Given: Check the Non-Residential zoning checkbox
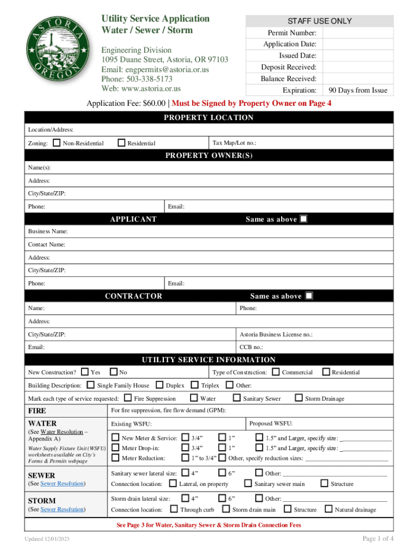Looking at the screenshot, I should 56,143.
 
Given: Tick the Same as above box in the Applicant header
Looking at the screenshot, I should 303,219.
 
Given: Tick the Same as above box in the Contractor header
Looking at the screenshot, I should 309,296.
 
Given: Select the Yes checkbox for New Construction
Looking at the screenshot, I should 85,372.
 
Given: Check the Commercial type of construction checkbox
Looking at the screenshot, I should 276,372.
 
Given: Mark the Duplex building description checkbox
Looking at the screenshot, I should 159,385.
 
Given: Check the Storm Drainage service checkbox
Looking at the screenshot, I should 299,398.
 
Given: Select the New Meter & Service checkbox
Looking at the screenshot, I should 115,438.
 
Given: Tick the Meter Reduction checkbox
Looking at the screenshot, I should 115,458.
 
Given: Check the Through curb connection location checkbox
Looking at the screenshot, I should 174,509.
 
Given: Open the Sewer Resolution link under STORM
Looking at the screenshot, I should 62,509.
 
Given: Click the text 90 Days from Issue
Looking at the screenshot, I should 358,90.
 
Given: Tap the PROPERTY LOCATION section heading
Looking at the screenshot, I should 208,117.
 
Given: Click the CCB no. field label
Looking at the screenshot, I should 251,346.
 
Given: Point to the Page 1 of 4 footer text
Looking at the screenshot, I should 378,538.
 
